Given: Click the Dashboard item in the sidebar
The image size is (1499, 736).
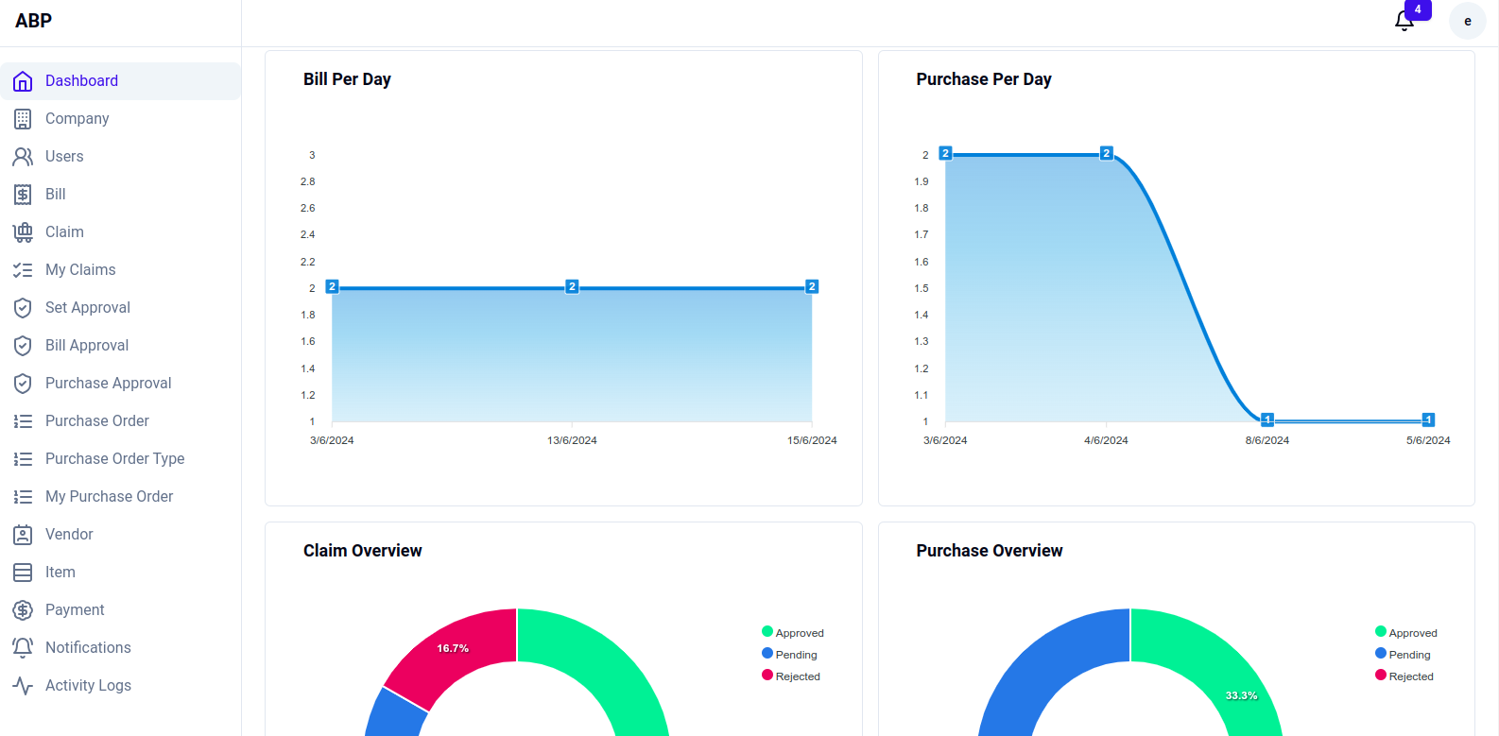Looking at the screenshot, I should pyautogui.click(x=81, y=81).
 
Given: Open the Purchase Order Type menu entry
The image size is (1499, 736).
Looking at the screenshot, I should pyautogui.click(x=114, y=459).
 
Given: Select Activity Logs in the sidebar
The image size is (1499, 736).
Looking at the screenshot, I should pyautogui.click(x=88, y=686).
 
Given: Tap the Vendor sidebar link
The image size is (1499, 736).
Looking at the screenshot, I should pyautogui.click(x=69, y=535).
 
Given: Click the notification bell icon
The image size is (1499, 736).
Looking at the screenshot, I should pyautogui.click(x=1404, y=21).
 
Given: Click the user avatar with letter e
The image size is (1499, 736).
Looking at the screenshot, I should pyautogui.click(x=1467, y=21).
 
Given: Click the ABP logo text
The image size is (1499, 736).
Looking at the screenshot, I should pyautogui.click(x=34, y=21).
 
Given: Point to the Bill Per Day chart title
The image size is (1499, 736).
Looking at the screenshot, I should pyautogui.click(x=347, y=79).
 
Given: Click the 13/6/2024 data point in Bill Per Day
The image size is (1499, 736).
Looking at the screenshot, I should pyautogui.click(x=572, y=286).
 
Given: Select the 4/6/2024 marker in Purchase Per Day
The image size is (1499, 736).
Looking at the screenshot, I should pyautogui.click(x=1107, y=153).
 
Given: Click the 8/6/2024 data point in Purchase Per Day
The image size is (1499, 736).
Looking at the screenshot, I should pyautogui.click(x=1267, y=419).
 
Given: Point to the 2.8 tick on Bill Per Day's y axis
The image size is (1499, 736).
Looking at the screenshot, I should pyautogui.click(x=308, y=181).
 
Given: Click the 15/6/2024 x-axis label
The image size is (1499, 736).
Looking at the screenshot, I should pyautogui.click(x=812, y=440).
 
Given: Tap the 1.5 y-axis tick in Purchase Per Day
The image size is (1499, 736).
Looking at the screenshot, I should pyautogui.click(x=922, y=288).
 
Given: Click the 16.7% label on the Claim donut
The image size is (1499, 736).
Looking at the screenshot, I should pyautogui.click(x=453, y=648).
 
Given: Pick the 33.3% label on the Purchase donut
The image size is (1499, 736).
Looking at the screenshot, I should pyautogui.click(x=1241, y=695).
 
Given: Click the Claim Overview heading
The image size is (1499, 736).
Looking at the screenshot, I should pyautogui.click(x=362, y=551).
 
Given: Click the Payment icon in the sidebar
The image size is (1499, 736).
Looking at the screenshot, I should pyautogui.click(x=23, y=610).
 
